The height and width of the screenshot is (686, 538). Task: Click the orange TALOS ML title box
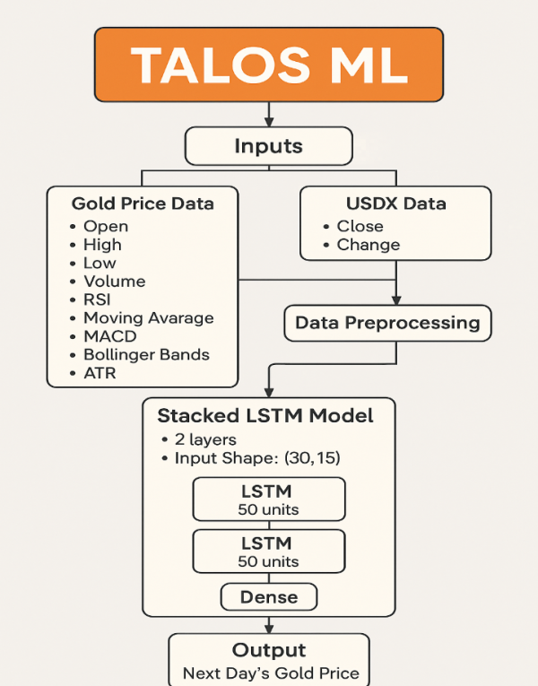(269, 64)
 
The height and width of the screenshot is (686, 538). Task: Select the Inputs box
(269, 145)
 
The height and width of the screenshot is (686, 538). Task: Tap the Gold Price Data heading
(143, 204)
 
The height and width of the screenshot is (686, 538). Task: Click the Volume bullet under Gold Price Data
(114, 282)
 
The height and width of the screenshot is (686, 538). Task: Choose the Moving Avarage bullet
(148, 317)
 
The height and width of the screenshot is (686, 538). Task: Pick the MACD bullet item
(108, 336)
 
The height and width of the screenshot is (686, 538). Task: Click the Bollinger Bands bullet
(146, 354)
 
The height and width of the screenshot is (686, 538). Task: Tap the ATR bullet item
(100, 372)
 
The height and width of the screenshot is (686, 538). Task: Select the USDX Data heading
(395, 204)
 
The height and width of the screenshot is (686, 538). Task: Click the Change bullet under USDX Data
(368, 245)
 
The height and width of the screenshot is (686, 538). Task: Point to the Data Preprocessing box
(387, 323)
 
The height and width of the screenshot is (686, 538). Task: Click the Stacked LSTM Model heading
(265, 416)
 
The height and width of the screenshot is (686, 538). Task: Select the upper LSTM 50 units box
(269, 499)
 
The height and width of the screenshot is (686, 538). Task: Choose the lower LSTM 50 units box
(269, 551)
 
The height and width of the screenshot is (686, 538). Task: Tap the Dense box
(269, 596)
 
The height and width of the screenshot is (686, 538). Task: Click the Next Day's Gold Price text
(271, 673)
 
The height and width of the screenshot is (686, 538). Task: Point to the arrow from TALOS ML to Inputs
(269, 114)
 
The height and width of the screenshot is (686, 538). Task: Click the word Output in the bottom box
(269, 650)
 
